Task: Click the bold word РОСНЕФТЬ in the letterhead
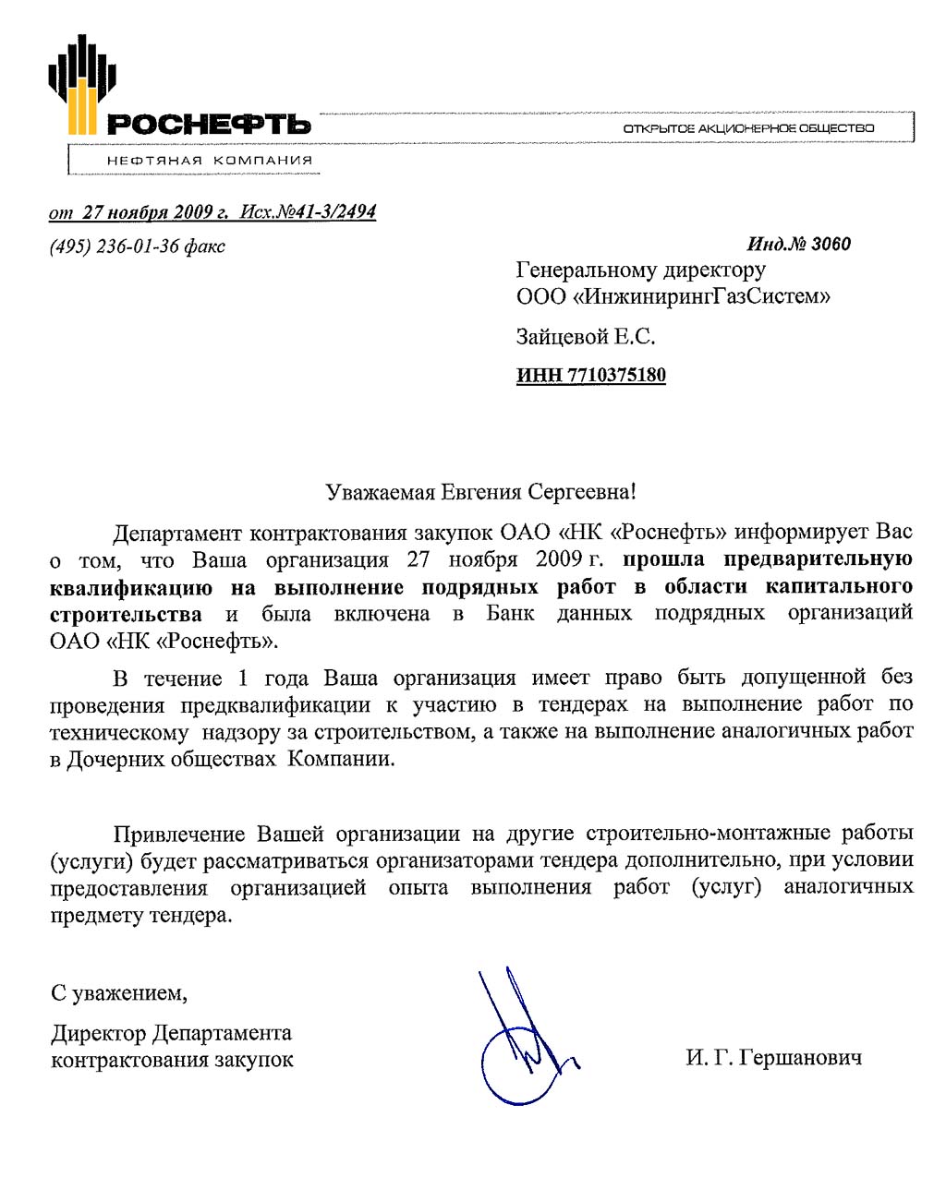pyautogui.click(x=209, y=125)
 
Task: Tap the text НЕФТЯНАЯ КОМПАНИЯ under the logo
pyautogui.click(x=210, y=160)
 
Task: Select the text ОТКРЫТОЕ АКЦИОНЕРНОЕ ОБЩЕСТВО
pyautogui.click(x=748, y=128)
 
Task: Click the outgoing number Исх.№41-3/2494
pyautogui.click(x=308, y=212)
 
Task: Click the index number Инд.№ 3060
pyautogui.click(x=798, y=244)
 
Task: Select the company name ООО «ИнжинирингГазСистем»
pyautogui.click(x=673, y=296)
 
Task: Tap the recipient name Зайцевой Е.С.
pyautogui.click(x=585, y=337)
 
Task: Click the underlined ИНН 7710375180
pyautogui.click(x=590, y=376)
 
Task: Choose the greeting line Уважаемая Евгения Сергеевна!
pyautogui.click(x=480, y=492)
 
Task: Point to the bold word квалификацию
pyautogui.click(x=130, y=588)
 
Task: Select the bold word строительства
pyautogui.click(x=126, y=615)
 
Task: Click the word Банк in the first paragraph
pyautogui.click(x=510, y=614)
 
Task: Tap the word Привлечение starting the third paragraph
pyautogui.click(x=179, y=835)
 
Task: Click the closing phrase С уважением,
pyautogui.click(x=119, y=993)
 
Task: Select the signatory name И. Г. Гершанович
pyautogui.click(x=773, y=1058)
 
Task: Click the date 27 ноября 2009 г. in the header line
pyautogui.click(x=155, y=212)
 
